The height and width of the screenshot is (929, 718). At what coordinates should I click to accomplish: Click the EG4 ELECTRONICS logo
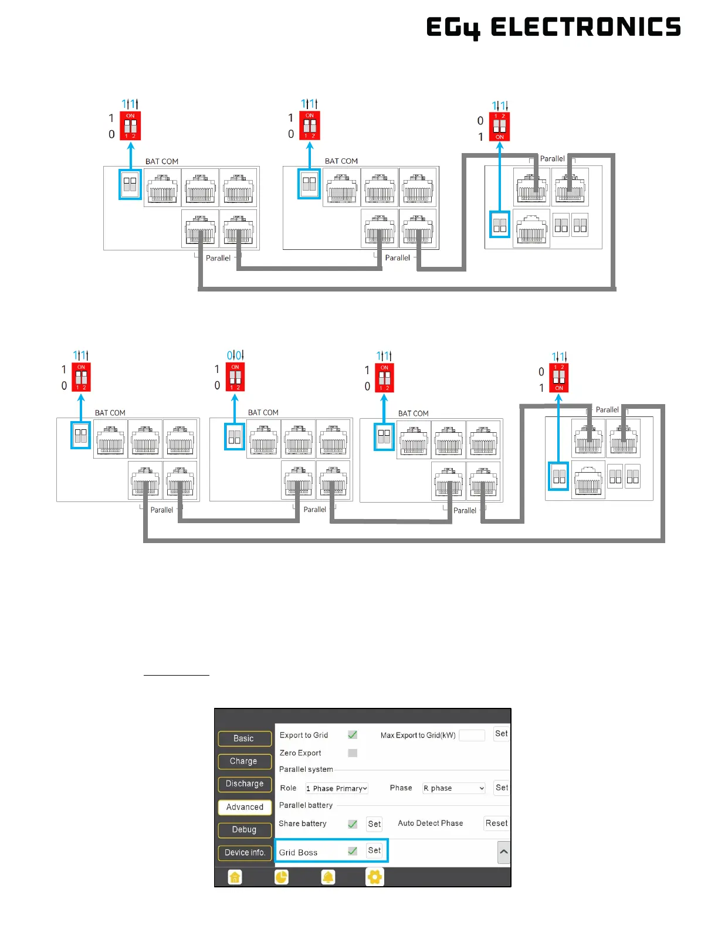(x=553, y=27)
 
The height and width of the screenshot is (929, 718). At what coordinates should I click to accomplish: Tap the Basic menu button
(x=244, y=738)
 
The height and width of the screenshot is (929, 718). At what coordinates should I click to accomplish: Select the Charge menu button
(x=244, y=761)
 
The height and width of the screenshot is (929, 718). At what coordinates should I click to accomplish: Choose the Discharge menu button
(x=244, y=784)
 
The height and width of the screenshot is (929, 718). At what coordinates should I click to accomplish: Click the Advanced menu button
(x=245, y=807)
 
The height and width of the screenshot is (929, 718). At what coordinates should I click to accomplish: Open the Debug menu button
(x=244, y=829)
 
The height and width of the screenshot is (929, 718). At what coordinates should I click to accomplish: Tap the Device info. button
(x=245, y=852)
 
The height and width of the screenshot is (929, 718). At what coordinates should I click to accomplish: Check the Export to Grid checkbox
(x=353, y=735)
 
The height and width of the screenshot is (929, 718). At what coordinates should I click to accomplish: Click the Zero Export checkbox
(x=353, y=752)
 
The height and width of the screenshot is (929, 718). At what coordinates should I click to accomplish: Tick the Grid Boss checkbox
(x=353, y=851)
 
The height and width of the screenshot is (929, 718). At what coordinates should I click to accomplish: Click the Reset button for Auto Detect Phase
(x=496, y=823)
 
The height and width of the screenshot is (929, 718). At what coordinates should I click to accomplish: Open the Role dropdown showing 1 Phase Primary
(x=337, y=788)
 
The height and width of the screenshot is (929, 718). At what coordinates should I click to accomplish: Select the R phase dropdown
(x=454, y=788)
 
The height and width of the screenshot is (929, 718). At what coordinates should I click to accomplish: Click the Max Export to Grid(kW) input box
(x=472, y=735)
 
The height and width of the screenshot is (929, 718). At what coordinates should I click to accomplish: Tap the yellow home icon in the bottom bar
(x=235, y=877)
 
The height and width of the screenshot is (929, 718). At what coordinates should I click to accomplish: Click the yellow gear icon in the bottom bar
(x=374, y=877)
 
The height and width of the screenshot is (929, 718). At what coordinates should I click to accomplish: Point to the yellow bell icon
(x=328, y=877)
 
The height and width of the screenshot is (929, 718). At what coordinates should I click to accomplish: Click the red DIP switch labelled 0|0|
(x=235, y=377)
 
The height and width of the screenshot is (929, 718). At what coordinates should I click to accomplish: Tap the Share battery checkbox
(x=353, y=824)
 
